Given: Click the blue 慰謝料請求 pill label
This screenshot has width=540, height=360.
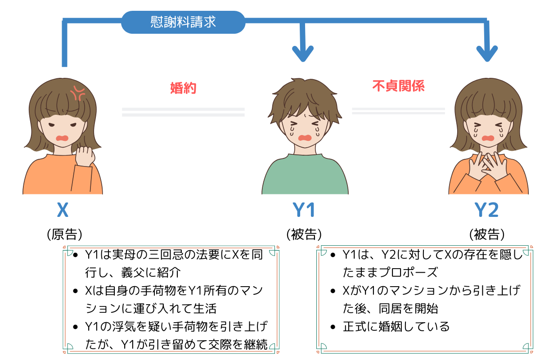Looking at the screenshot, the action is pyautogui.click(x=183, y=22).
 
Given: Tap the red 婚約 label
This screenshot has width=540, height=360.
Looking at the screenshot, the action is pyautogui.click(x=183, y=88).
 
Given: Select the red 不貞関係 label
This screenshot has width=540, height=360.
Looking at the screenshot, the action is pyautogui.click(x=398, y=86).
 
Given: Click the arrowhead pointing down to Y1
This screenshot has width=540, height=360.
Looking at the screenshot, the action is pyautogui.click(x=303, y=54).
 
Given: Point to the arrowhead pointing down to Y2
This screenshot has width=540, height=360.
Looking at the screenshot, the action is pyautogui.click(x=487, y=54).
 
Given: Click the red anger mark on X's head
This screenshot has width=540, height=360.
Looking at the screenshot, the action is pyautogui.click(x=77, y=93).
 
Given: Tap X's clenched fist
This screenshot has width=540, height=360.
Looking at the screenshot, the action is pyautogui.click(x=85, y=156).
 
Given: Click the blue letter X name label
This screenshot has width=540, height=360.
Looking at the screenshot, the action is pyautogui.click(x=63, y=210).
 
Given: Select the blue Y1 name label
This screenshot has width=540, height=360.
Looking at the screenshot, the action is pyautogui.click(x=303, y=210).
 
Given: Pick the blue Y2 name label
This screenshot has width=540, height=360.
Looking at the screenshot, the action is pyautogui.click(x=486, y=210).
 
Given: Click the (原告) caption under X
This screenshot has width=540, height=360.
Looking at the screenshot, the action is pyautogui.click(x=65, y=234).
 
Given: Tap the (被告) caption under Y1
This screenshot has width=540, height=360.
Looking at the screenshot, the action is pyautogui.click(x=304, y=234).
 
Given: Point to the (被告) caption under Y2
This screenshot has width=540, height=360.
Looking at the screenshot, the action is pyautogui.click(x=487, y=234).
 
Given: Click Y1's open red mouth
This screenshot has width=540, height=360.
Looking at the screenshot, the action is pyautogui.click(x=305, y=138).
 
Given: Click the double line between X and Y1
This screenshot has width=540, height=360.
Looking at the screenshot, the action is pyautogui.click(x=183, y=112).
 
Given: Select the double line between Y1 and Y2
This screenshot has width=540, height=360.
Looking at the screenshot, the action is pyautogui.click(x=398, y=111).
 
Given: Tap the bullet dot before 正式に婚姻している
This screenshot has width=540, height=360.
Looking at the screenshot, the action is pyautogui.click(x=333, y=327).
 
